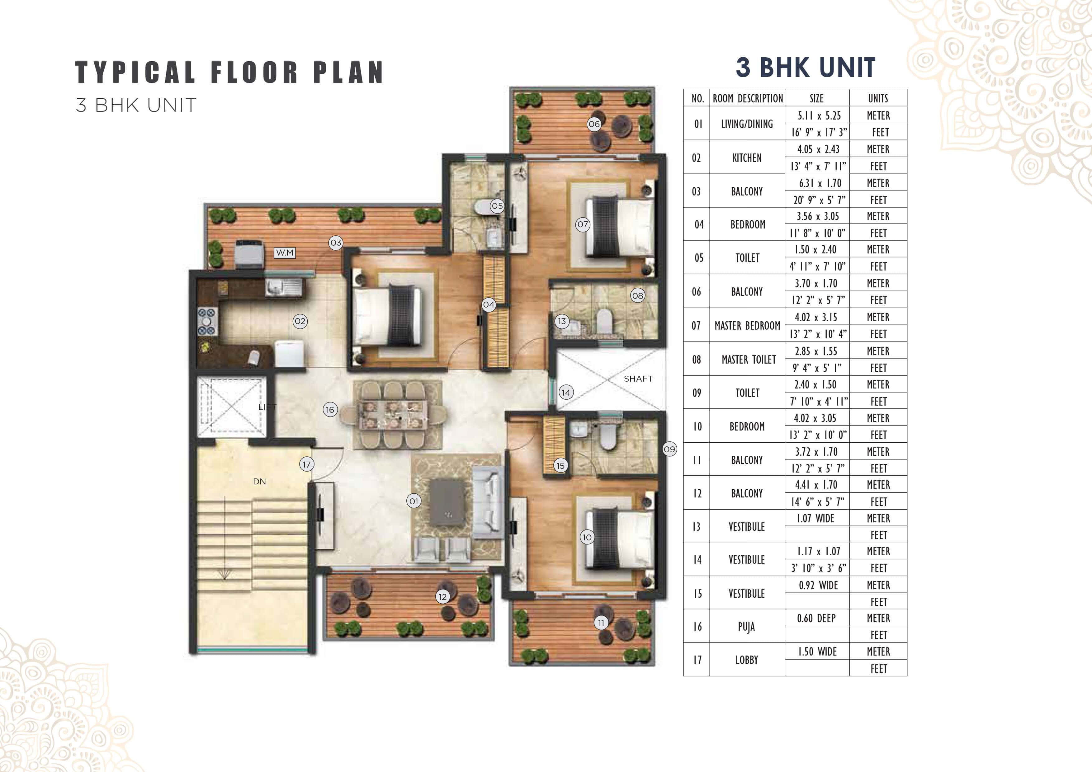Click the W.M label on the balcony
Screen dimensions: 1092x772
pos(284,252)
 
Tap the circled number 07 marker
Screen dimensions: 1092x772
pos(583,224)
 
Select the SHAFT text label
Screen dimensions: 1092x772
pos(638,379)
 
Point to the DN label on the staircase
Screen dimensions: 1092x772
pos(259,482)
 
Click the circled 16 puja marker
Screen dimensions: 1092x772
pos(330,409)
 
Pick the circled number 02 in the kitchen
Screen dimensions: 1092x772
pos(300,321)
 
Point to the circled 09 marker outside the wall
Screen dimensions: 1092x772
pos(669,449)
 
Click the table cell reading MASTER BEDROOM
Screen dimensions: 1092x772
pos(747,326)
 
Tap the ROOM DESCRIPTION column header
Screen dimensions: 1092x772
pos(747,98)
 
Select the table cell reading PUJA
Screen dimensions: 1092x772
pos(746,627)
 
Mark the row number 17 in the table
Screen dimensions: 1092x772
pos(697,660)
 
